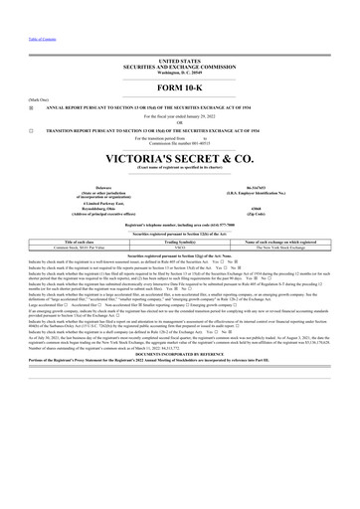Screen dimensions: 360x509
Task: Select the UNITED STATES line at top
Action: [x=179, y=61]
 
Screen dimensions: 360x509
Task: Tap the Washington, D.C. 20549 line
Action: [x=179, y=73]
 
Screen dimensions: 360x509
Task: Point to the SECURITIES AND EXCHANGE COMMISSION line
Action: [x=179, y=67]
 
